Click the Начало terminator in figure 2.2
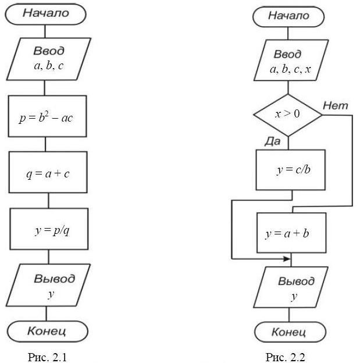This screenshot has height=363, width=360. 288,16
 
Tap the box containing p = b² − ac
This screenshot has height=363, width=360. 48,119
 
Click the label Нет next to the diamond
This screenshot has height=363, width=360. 335,105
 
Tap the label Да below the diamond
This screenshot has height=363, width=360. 273,142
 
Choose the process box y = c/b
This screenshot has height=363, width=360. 290,170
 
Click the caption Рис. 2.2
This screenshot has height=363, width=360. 284,357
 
